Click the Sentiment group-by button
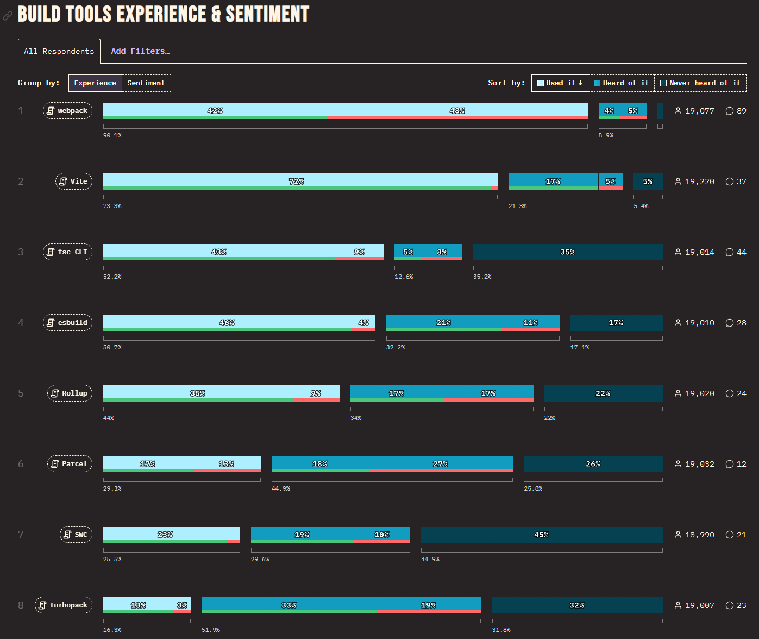146,83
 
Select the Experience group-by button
95,83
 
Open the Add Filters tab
140,51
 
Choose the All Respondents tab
59,51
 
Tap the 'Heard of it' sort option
621,83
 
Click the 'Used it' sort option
560,83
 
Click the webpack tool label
68,111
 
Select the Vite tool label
74,181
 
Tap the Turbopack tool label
64,605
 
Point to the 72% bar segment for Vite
297,180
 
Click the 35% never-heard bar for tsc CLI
567,252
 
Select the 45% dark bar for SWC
541,534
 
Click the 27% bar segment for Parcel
441,463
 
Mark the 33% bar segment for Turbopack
288,604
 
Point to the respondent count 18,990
699,535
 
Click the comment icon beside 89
730,111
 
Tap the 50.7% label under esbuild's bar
112,347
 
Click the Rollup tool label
70,393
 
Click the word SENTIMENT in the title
267,14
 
